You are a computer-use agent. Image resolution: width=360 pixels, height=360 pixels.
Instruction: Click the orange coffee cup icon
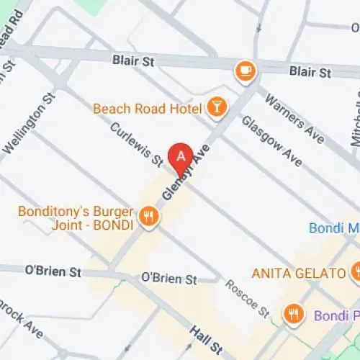click(x=246, y=70)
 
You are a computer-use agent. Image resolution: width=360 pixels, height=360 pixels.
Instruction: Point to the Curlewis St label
click(x=137, y=145)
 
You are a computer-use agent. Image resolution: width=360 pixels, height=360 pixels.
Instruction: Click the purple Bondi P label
click(x=336, y=315)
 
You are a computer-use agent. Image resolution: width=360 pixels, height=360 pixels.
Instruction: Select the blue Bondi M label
click(x=333, y=228)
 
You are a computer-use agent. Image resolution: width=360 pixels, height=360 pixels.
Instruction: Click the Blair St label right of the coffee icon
click(x=310, y=72)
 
